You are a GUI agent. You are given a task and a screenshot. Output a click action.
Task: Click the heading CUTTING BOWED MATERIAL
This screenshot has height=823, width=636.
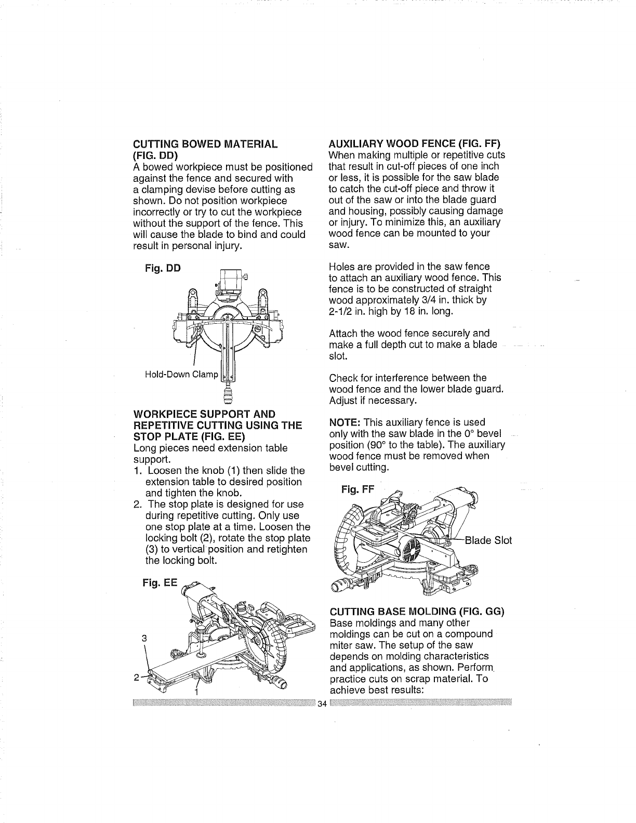(x=205, y=144)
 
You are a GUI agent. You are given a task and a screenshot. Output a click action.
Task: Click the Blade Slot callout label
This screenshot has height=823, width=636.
(x=488, y=540)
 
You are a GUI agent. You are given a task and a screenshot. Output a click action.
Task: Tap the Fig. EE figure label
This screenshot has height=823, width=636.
(x=160, y=583)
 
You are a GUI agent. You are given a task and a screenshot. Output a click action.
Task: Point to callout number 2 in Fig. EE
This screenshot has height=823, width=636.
(x=137, y=678)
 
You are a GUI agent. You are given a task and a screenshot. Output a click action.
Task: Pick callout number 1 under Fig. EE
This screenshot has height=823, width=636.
(x=196, y=693)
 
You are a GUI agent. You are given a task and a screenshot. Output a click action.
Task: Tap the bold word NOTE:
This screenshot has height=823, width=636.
(x=344, y=423)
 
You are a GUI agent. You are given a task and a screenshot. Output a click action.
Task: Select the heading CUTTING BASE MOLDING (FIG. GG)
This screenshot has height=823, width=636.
(x=417, y=612)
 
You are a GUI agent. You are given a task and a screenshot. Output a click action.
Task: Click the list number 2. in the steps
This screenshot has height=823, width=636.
(x=138, y=505)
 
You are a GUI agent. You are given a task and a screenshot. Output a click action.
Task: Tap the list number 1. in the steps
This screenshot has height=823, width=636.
(x=138, y=471)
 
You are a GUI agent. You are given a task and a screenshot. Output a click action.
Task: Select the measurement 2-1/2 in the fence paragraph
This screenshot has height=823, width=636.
(x=341, y=312)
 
